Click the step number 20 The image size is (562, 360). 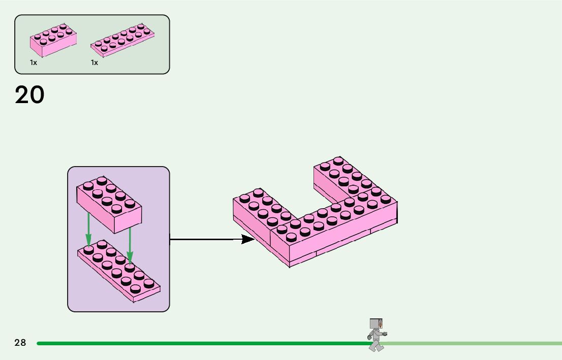(29, 95)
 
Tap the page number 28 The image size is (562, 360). (20, 343)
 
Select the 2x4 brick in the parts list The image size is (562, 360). (53, 40)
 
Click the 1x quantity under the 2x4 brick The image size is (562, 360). (34, 62)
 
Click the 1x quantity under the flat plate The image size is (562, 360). (95, 62)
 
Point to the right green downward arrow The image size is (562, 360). (130, 246)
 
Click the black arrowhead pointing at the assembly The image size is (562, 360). (248, 239)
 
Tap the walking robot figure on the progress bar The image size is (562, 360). (376, 334)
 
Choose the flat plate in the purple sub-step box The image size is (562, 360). (119, 272)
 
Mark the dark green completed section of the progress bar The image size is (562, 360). (203, 343)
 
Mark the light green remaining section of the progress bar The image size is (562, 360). (473, 343)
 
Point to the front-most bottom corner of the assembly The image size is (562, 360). (290, 266)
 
